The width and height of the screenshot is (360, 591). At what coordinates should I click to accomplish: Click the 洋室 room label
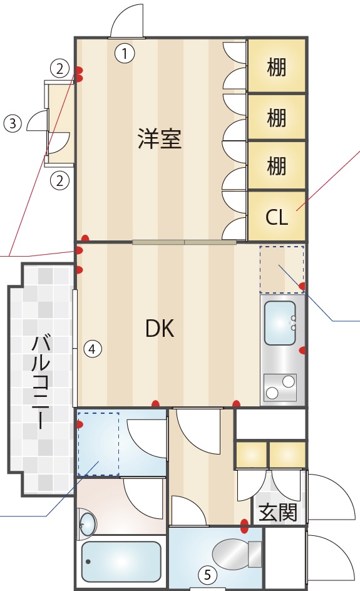(x=160, y=139)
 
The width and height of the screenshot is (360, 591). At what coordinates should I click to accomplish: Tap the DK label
(x=160, y=328)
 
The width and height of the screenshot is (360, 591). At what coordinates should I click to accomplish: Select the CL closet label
(x=277, y=217)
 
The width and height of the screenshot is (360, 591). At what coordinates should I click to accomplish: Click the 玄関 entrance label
(x=278, y=512)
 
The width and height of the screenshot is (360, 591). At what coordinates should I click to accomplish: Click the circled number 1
(x=125, y=53)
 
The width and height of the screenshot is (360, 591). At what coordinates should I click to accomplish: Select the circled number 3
(x=13, y=123)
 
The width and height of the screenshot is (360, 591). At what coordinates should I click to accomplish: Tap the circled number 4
(x=93, y=349)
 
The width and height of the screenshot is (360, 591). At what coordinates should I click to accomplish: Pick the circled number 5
(x=207, y=575)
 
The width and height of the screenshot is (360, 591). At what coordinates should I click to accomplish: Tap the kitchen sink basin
(x=280, y=323)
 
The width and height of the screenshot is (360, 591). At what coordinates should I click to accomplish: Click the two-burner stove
(x=280, y=388)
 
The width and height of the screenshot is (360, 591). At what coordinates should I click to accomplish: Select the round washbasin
(x=87, y=524)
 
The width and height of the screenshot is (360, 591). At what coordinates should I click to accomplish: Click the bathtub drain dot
(x=88, y=562)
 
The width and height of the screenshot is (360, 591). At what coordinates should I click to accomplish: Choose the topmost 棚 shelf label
(x=277, y=68)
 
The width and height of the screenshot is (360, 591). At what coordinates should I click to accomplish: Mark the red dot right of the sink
(x=302, y=351)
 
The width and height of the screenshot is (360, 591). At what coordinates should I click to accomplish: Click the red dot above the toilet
(x=244, y=526)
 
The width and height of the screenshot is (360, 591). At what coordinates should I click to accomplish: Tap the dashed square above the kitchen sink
(x=282, y=269)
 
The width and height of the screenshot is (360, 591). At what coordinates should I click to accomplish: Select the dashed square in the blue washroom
(x=98, y=444)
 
